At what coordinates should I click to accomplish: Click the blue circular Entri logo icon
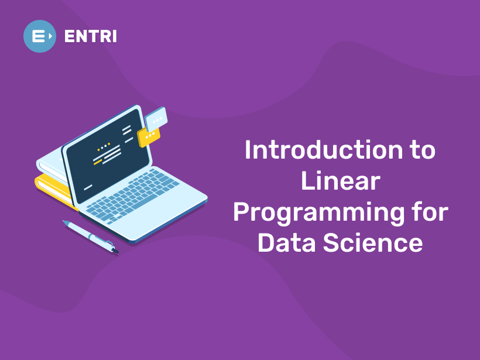point(40,36)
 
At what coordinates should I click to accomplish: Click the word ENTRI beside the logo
point(91,36)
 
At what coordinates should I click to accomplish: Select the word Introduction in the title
point(324,150)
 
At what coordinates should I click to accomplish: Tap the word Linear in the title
point(341,181)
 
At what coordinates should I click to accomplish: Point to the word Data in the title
point(286,242)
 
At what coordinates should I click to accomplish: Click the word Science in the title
point(373,242)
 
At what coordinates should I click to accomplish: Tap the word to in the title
point(423,150)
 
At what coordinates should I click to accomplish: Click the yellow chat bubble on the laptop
point(149,136)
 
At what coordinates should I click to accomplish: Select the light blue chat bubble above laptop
point(156,119)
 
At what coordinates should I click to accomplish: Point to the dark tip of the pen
point(115,251)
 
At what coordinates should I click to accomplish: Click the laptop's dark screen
point(108,156)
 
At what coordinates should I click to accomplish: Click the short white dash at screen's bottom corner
point(88,187)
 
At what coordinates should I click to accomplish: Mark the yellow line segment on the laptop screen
point(98,162)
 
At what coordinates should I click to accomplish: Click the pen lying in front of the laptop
point(91,236)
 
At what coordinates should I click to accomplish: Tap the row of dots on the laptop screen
point(104,146)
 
